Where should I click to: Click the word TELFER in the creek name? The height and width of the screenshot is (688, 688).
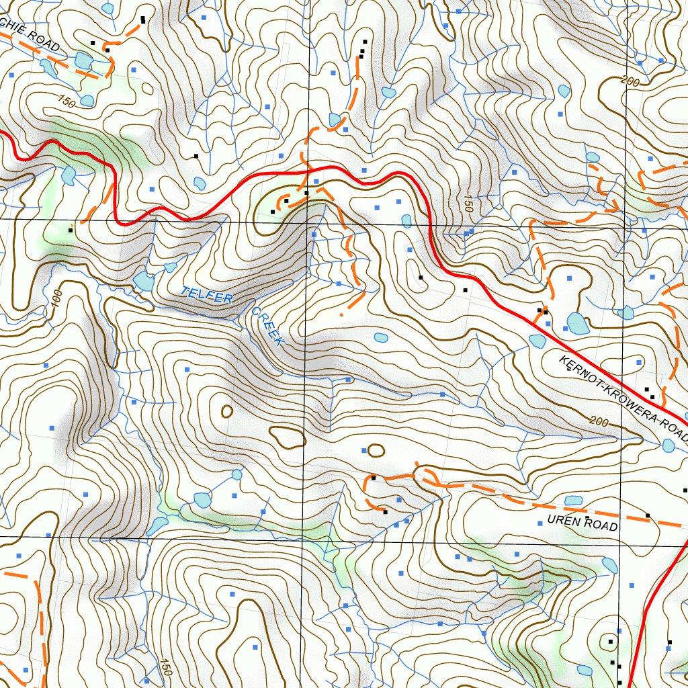pos(205,295)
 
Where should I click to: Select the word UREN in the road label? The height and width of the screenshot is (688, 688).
pos(562,521)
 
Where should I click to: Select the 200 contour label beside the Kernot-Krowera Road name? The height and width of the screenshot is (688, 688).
pos(597,421)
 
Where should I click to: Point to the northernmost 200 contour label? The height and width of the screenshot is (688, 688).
pos(630,81)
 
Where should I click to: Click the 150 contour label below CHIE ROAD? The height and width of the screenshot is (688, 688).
pos(66,101)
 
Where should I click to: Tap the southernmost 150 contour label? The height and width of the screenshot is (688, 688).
pos(163,666)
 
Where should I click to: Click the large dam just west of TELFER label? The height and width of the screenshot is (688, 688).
pos(143,282)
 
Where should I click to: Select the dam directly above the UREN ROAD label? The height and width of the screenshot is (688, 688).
pos(573,501)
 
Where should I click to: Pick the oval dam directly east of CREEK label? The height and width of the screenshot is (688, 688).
pos(380,337)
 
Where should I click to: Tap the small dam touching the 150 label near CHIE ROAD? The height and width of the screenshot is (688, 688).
pos(87,101)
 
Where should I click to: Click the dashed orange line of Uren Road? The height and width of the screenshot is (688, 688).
pos(511,498)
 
